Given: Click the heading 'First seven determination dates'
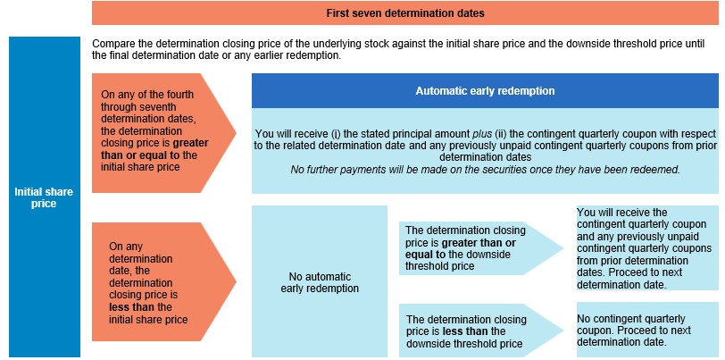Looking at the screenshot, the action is click(x=405, y=13).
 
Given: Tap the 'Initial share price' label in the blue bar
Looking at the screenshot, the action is click(x=44, y=197).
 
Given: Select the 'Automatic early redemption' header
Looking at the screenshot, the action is click(x=485, y=91).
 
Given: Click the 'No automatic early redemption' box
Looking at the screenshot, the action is click(x=320, y=281).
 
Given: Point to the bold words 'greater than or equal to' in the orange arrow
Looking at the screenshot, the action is click(x=154, y=149).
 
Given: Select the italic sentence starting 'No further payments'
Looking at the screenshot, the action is click(x=485, y=170).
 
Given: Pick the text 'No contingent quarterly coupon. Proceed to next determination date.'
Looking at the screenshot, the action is click(x=634, y=331).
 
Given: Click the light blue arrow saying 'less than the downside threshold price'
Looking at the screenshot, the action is click(x=481, y=331).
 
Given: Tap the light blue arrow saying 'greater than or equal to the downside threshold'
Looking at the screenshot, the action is click(x=481, y=248).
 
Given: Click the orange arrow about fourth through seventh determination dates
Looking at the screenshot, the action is click(x=164, y=133).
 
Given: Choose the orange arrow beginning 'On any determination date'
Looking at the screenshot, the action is click(x=164, y=281).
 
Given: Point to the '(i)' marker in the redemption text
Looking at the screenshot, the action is click(x=336, y=134).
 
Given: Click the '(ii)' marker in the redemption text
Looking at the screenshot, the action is click(x=502, y=134).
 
